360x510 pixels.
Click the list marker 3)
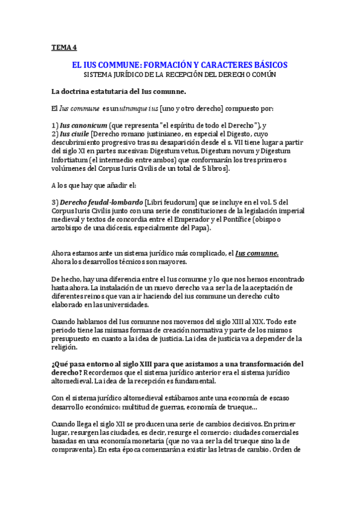(55, 202)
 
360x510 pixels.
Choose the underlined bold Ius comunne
(256, 253)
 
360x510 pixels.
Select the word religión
(66, 347)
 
